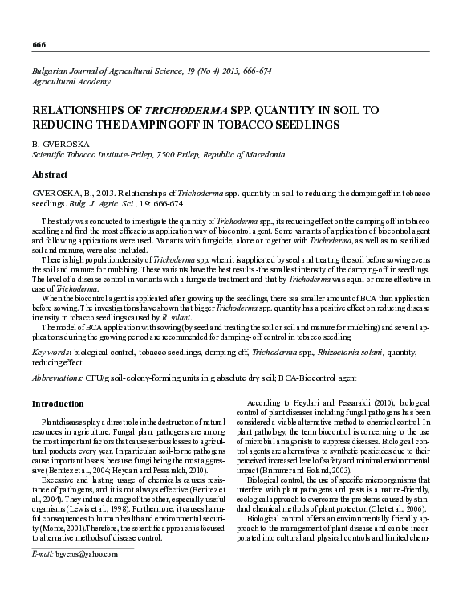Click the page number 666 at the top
click(x=39, y=43)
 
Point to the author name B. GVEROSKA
click(x=60, y=144)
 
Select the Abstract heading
click(x=50, y=174)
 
